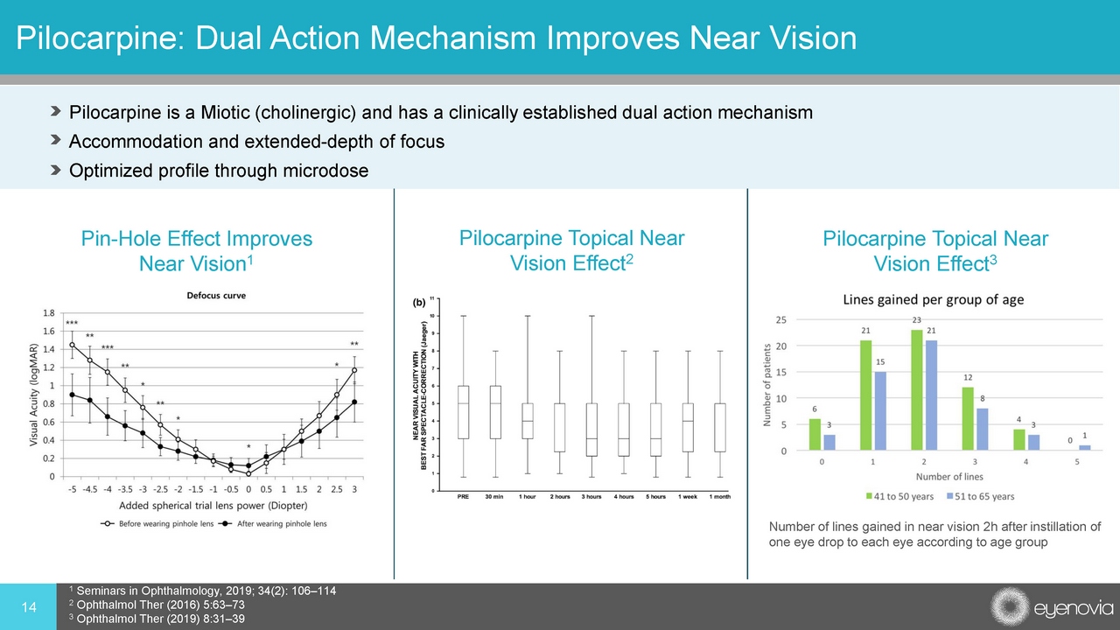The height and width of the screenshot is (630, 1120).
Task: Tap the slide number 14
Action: click(x=28, y=606)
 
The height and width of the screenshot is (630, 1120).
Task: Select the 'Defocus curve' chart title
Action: click(x=216, y=296)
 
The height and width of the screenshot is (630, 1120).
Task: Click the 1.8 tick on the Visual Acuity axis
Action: click(x=52, y=312)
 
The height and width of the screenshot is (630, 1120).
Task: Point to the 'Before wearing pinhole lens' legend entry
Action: click(x=157, y=523)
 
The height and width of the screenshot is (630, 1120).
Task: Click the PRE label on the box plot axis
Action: click(x=464, y=497)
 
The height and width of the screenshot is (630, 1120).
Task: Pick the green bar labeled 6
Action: click(x=816, y=435)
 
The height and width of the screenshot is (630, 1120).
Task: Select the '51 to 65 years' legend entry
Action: click(x=977, y=496)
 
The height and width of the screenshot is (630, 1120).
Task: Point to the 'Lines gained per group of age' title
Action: click(x=933, y=300)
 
